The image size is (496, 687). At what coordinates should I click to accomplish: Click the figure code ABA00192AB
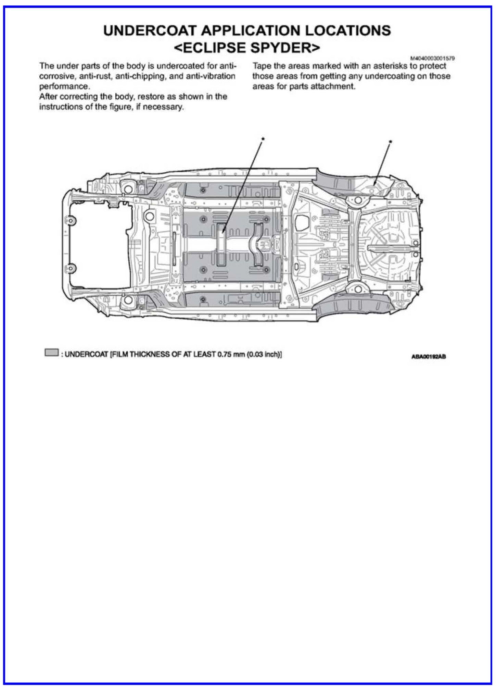[429, 357]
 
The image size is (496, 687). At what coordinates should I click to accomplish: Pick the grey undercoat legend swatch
[51, 353]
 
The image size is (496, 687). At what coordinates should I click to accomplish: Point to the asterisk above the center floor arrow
[263, 138]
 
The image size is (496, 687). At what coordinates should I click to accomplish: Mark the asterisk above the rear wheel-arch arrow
[391, 141]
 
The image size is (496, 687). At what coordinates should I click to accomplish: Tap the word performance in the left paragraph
[64, 86]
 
